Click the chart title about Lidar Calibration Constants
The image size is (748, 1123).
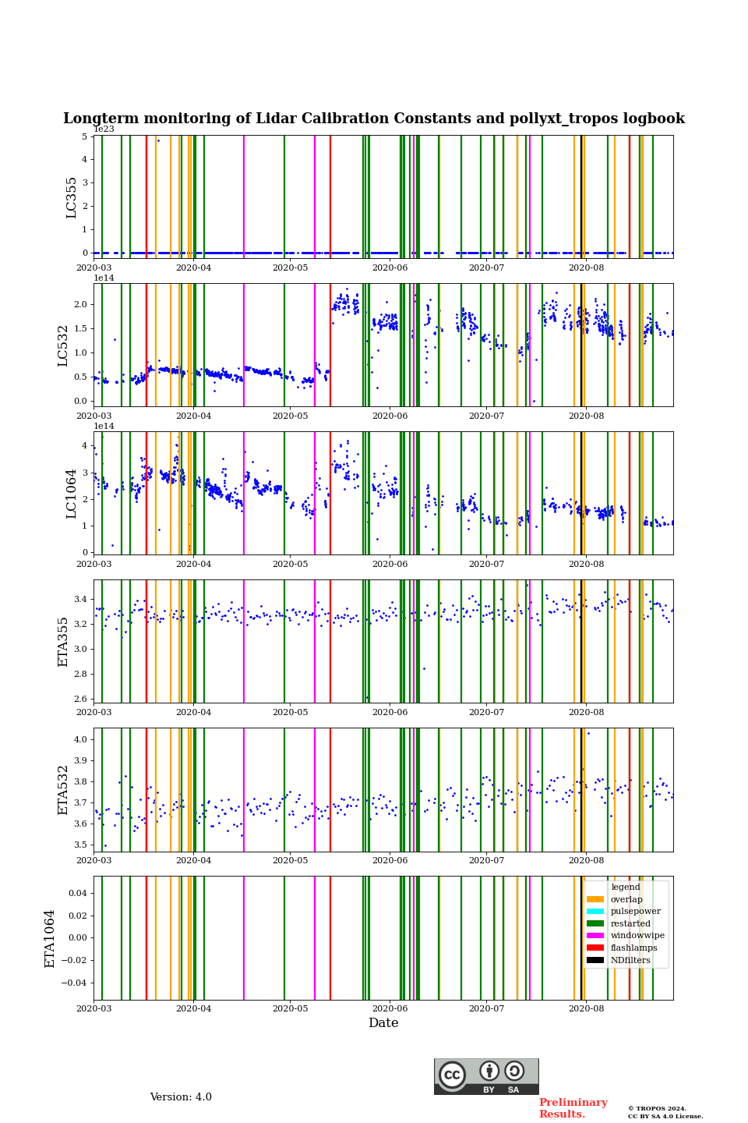click(x=374, y=119)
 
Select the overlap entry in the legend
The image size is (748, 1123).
click(x=626, y=899)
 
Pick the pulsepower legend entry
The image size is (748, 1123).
click(x=635, y=911)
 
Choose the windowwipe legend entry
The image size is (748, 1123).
click(x=637, y=935)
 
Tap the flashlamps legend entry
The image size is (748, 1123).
click(x=633, y=948)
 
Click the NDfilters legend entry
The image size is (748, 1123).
click(x=630, y=960)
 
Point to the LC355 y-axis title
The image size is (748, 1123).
click(x=72, y=197)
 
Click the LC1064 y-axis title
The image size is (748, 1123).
click(x=72, y=493)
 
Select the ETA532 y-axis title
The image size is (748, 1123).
click(x=64, y=789)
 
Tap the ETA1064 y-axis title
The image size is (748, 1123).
click(x=50, y=938)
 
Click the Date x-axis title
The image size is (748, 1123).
click(x=383, y=1023)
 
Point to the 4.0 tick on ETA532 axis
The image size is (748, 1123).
click(x=80, y=739)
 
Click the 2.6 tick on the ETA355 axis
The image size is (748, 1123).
click(x=80, y=699)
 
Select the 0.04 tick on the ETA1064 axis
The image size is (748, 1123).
click(x=76, y=893)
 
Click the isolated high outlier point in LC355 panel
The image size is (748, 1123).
click(x=158, y=140)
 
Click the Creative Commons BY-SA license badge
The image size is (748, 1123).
click(x=486, y=1076)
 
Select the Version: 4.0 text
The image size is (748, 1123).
click(x=181, y=1097)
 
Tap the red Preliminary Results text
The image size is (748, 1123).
click(x=573, y=1108)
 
